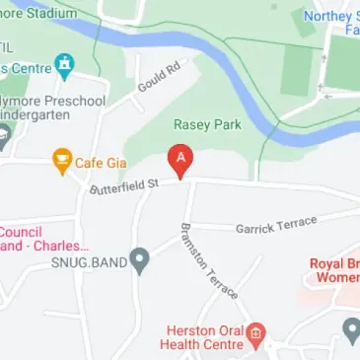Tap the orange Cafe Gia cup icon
61,160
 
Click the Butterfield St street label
124,185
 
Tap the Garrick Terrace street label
276,225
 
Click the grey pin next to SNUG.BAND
140,261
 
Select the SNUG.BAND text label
90,262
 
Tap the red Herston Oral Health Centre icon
254,331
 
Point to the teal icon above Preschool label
65,67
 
